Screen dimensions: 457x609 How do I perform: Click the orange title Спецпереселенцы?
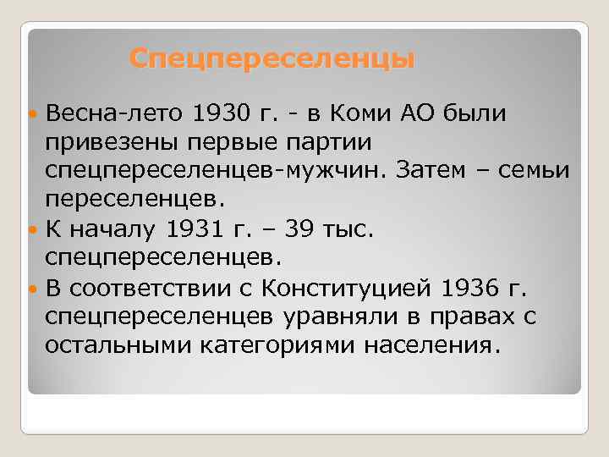[272, 59]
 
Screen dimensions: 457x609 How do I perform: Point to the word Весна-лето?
[115, 113]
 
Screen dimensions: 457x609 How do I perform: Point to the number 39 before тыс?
[298, 228]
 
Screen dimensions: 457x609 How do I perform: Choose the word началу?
[115, 228]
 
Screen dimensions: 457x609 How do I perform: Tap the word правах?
[476, 317]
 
